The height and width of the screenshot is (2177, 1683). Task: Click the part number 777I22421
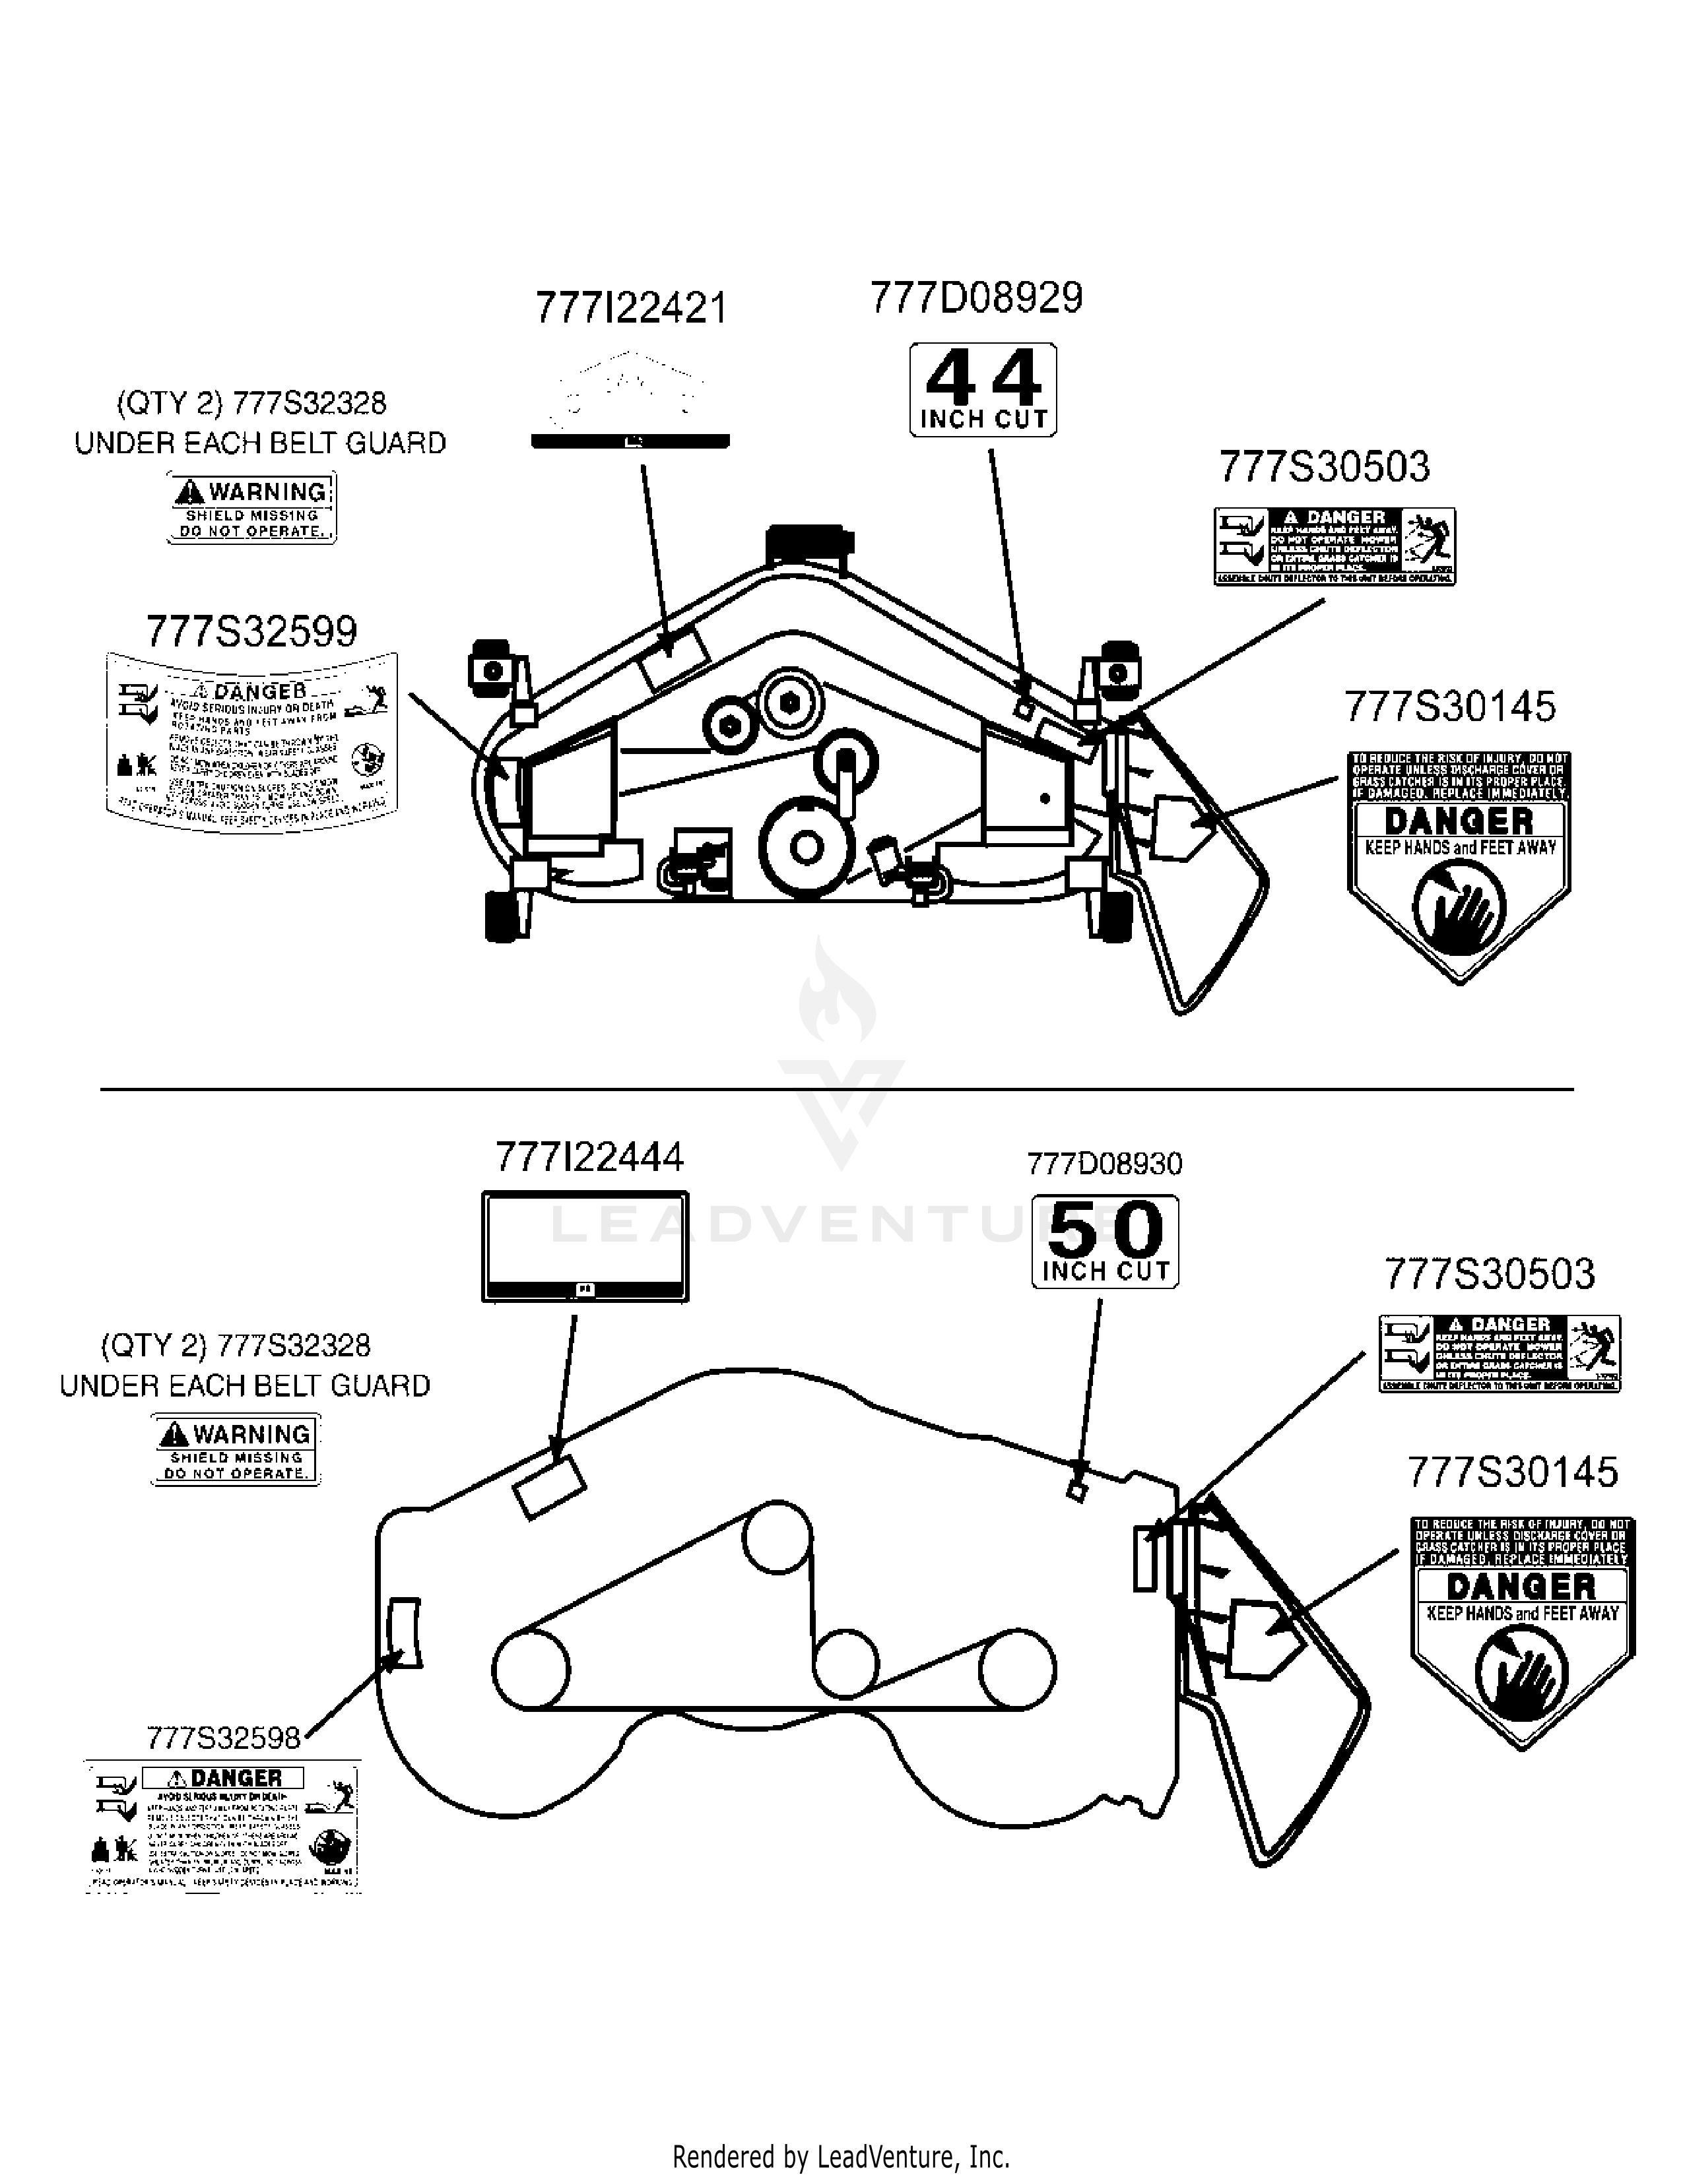point(631,308)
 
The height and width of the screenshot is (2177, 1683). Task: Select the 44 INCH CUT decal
point(983,390)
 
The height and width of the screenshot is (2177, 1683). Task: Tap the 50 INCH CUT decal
point(1105,1242)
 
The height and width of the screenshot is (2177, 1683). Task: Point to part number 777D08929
point(976,298)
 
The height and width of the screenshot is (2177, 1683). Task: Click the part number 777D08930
point(1105,1163)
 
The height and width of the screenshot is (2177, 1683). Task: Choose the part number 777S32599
point(251,632)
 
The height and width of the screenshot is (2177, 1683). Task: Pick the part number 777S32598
point(223,1738)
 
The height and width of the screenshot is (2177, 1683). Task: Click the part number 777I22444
point(589,1157)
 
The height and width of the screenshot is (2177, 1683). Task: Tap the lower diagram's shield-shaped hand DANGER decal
point(1521,1631)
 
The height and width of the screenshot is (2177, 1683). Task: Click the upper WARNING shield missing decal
point(251,509)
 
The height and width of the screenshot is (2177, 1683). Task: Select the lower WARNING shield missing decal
point(236,1450)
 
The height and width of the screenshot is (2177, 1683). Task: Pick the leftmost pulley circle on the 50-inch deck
point(531,1668)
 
